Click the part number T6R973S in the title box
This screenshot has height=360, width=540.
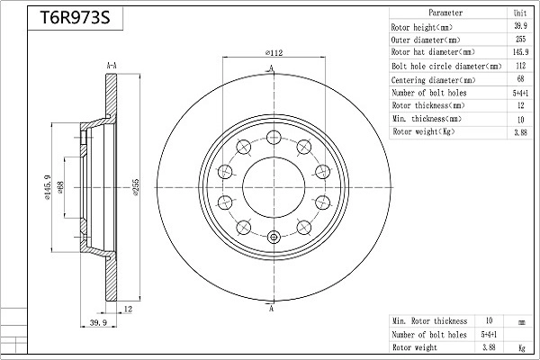tap(75, 18)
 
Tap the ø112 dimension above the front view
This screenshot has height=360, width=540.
tap(274, 53)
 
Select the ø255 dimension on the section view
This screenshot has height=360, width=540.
tap(135, 187)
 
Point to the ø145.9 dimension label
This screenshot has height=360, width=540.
tap(47, 187)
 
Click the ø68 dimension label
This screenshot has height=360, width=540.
tap(60, 187)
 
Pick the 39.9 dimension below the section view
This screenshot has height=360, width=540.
tap(98, 323)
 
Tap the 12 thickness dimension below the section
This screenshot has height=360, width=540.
tap(128, 310)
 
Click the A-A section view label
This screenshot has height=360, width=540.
tap(112, 66)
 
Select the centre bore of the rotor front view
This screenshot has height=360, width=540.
tap(274, 188)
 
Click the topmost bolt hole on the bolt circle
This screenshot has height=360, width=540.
tap(274, 137)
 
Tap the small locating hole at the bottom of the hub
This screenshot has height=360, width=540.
tap(274, 237)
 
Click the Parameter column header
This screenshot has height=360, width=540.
tap(445, 13)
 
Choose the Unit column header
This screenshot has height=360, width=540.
tap(520, 13)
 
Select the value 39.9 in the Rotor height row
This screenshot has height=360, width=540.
tap(520, 26)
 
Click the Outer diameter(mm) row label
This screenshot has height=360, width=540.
tap(426, 40)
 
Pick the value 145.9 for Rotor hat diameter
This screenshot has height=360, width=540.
tap(520, 52)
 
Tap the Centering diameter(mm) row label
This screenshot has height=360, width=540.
tap(433, 80)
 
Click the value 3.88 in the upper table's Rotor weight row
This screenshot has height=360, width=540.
tap(520, 132)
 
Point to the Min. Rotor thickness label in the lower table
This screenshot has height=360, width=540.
tap(430, 321)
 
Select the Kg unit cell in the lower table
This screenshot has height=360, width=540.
tap(522, 348)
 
